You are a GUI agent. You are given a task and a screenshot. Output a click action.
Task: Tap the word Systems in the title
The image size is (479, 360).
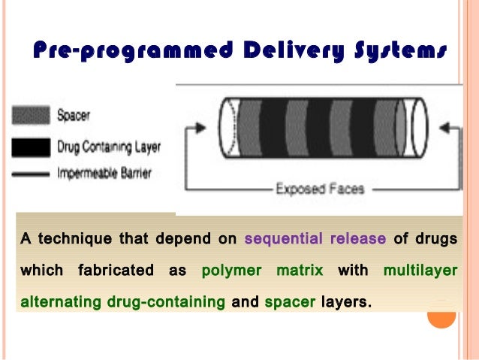tap(395, 51)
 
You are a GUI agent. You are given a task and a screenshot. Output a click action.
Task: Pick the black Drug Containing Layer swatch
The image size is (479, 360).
tap(32, 144)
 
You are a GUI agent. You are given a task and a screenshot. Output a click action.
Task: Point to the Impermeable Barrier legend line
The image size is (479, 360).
tap(32, 174)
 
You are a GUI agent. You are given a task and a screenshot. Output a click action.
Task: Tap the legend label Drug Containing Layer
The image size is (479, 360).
tap(109, 144)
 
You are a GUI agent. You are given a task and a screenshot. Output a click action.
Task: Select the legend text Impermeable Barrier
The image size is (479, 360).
tap(104, 174)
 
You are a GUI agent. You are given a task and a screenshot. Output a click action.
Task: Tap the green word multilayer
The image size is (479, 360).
tap(420, 271)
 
